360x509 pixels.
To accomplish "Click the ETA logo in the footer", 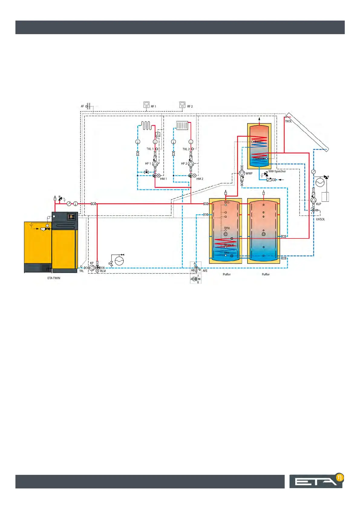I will click(x=316, y=481).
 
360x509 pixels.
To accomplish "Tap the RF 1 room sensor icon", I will click(x=146, y=105).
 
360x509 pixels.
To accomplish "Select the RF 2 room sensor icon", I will click(x=182, y=105).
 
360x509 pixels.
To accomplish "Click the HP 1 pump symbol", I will click(x=155, y=164).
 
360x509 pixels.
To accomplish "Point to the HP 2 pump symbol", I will click(x=191, y=164).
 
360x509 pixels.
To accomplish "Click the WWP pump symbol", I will click(x=242, y=173).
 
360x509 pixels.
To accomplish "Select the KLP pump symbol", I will click(x=313, y=200).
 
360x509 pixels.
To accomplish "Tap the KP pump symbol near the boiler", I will click(x=92, y=268).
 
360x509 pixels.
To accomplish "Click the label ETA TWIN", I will click(x=54, y=278).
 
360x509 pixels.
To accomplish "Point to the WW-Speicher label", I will click(x=277, y=171).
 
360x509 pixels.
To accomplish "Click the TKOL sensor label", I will click(x=288, y=121).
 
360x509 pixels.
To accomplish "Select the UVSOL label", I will click(x=320, y=219).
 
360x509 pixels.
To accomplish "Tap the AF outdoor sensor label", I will click(x=82, y=106).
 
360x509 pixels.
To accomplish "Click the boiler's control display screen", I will click(x=71, y=216).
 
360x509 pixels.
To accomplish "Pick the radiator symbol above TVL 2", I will click(x=182, y=125).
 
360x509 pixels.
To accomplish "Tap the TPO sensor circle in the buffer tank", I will click(x=226, y=205).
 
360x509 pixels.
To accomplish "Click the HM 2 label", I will click(x=200, y=179).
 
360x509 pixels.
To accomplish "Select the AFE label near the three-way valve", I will click(x=205, y=271).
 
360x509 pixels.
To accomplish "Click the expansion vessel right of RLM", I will click(x=119, y=261).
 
